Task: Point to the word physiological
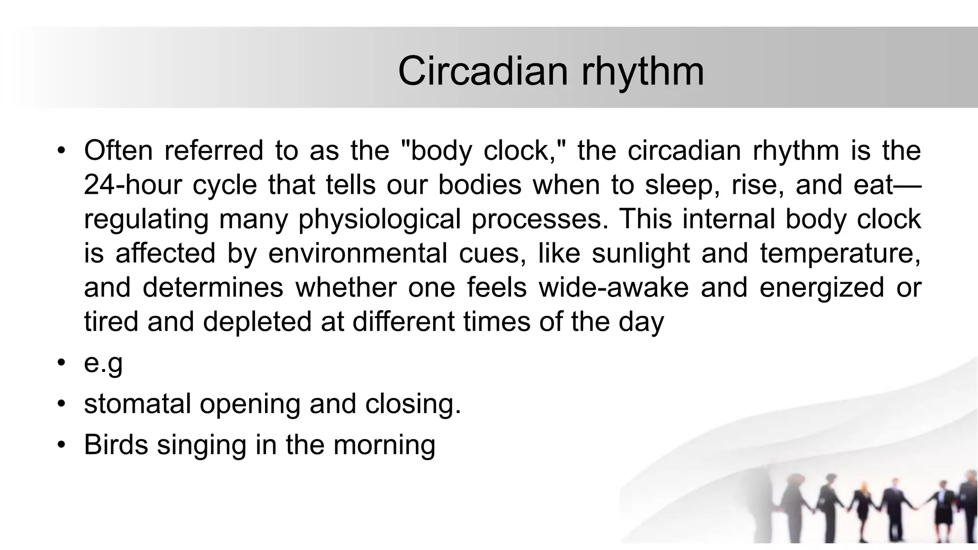379,219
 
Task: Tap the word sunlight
640,253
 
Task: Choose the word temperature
840,253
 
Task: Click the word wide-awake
614,287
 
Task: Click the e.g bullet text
103,363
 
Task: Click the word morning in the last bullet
384,444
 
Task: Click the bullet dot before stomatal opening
61,404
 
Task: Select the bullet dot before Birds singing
61,445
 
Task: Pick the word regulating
146,219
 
